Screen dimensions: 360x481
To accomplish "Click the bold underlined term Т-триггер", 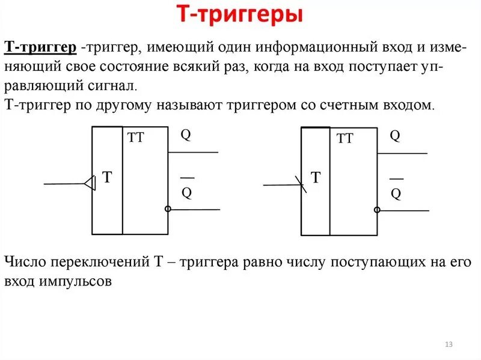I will point(40,47).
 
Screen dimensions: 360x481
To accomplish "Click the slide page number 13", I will point(449,344).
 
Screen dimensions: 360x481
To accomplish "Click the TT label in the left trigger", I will point(136,138).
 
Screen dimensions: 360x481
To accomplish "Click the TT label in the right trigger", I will point(345,139).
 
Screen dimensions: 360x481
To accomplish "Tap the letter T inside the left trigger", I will point(107,177).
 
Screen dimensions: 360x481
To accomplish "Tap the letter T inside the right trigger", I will point(316,177).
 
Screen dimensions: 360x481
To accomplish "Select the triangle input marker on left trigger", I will point(90,183).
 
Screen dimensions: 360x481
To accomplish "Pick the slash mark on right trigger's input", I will point(301,184).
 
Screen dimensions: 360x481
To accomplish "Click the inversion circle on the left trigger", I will point(168,209).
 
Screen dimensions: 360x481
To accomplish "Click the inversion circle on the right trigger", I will point(377,210).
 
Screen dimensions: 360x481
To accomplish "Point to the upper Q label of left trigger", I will point(186,135).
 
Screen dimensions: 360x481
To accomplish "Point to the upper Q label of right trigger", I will point(395,136).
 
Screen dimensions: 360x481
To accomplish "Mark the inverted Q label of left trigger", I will point(186,192).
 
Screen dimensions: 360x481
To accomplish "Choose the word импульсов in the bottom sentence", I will point(84,281).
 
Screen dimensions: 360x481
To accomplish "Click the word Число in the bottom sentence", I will point(25,263).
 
